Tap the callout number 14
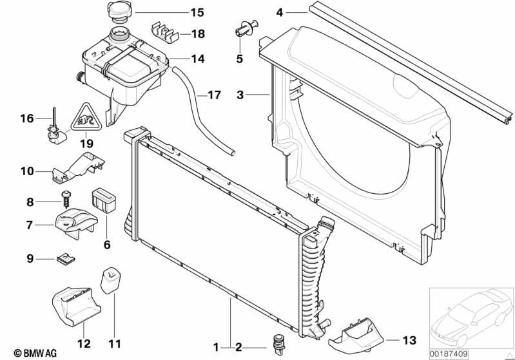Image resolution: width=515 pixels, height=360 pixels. (x=198, y=59)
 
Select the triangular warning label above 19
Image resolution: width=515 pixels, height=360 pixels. (x=86, y=117)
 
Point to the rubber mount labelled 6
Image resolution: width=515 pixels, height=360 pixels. (x=104, y=200)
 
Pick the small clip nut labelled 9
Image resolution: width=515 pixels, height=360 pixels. (x=66, y=260)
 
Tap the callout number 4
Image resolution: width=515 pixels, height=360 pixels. (x=279, y=13)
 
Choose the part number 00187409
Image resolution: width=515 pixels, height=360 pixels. (x=449, y=354)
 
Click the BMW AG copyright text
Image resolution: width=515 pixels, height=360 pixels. (x=35, y=353)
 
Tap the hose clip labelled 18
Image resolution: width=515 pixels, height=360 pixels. (x=164, y=32)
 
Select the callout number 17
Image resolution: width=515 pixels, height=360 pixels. (x=214, y=95)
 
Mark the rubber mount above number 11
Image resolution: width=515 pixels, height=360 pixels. (x=111, y=281)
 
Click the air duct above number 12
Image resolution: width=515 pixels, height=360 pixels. (x=76, y=307)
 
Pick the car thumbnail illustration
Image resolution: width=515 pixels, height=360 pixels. (x=471, y=316)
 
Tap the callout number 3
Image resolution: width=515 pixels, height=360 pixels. (x=240, y=95)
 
